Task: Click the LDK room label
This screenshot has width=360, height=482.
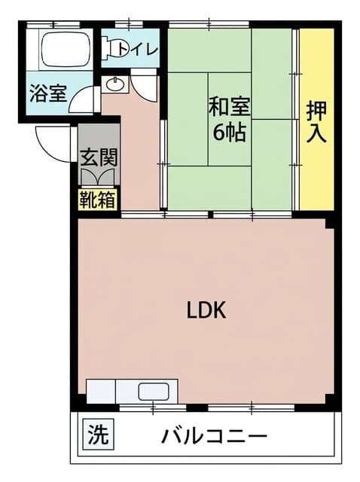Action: [x=206, y=310]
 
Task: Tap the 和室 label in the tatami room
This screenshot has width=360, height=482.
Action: [x=230, y=107]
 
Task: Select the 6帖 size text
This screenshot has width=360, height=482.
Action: [x=230, y=133]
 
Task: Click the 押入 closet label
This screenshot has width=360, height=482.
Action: [x=316, y=122]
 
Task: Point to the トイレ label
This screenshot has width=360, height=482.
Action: [x=138, y=50]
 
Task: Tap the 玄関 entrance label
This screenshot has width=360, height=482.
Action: [x=99, y=157]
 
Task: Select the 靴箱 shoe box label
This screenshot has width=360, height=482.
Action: [x=98, y=200]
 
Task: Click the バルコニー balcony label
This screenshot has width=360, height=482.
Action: [x=215, y=435]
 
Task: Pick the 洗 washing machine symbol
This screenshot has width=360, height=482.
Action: [x=99, y=435]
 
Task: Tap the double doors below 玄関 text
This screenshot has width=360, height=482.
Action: [x=99, y=178]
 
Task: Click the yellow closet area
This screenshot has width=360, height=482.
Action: [x=316, y=119]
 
